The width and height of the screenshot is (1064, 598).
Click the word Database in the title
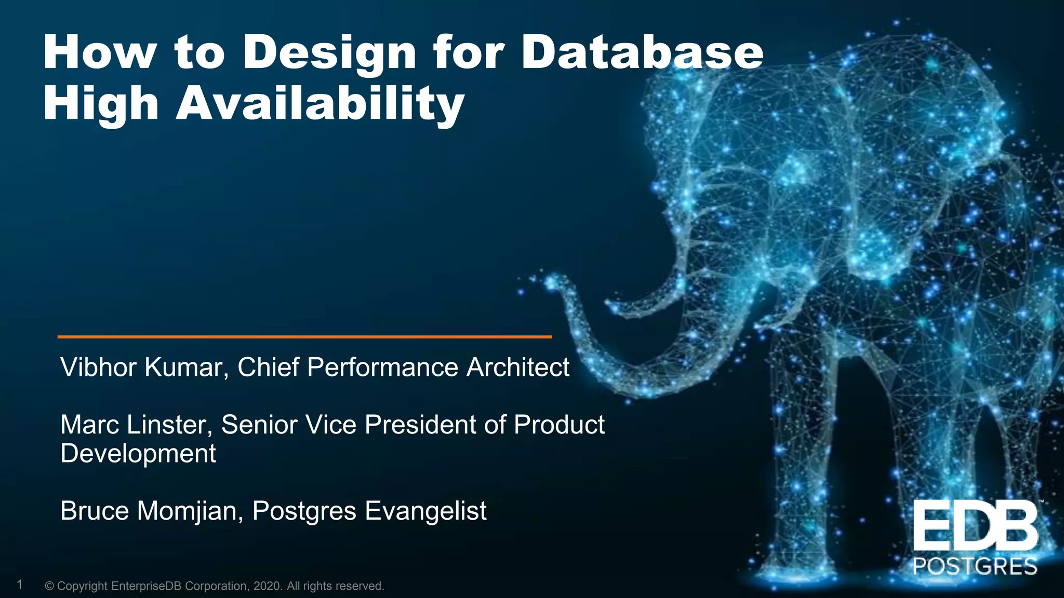642,52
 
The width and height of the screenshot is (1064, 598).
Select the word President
420,425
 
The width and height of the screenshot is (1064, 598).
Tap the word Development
138,454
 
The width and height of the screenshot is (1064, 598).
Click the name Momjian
190,511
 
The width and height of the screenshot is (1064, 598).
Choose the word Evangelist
425,511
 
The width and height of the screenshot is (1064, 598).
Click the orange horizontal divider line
304,337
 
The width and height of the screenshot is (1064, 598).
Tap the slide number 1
20,585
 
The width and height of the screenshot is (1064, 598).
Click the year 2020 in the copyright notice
268,586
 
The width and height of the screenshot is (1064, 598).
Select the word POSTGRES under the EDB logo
975,566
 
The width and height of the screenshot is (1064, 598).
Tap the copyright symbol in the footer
50,586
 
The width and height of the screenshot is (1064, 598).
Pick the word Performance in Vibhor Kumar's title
382,367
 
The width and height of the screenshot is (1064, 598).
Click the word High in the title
100,104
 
